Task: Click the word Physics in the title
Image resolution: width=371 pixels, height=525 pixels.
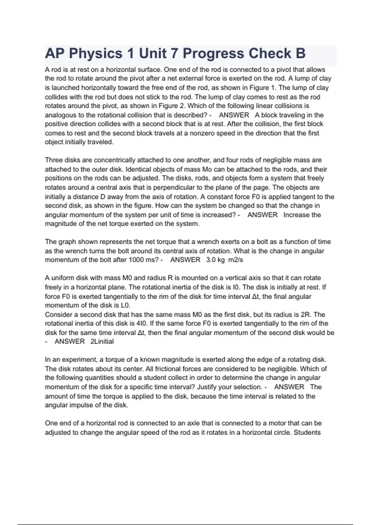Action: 96,53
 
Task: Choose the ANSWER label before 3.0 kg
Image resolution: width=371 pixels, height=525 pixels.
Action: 185,260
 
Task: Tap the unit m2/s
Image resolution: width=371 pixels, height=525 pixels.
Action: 236,260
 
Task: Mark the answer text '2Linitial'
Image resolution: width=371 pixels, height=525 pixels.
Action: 102,342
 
